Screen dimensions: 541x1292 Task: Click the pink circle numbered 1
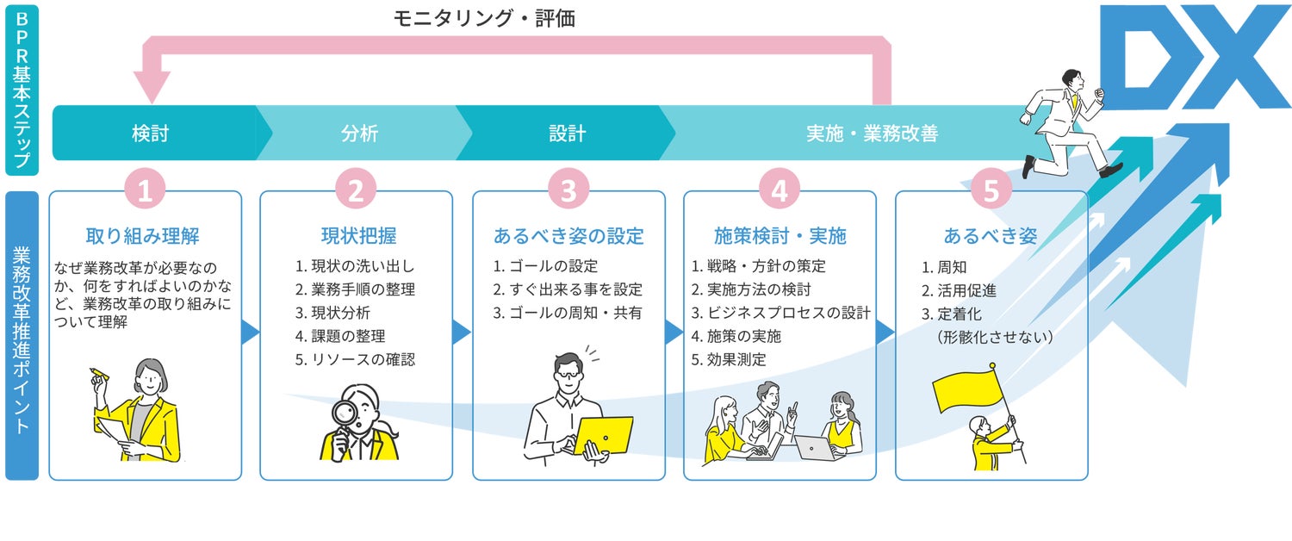coord(145,190)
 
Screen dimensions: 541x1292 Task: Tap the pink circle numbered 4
coord(780,190)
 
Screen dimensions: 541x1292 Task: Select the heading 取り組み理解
coord(144,236)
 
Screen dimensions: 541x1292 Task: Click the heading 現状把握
coord(356,236)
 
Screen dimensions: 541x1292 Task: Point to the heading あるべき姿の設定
coord(568,236)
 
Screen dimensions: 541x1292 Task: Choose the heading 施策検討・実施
coord(780,236)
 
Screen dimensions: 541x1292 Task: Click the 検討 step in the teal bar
coord(150,134)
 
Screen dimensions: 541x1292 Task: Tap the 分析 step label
coord(359,134)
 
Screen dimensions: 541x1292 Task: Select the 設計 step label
coord(567,134)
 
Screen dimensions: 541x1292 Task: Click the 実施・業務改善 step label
coord(871,134)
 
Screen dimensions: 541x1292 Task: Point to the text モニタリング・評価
coord(484,18)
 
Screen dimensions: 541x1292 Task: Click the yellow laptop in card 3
coord(604,435)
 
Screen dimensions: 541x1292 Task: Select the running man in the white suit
coord(1065,121)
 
